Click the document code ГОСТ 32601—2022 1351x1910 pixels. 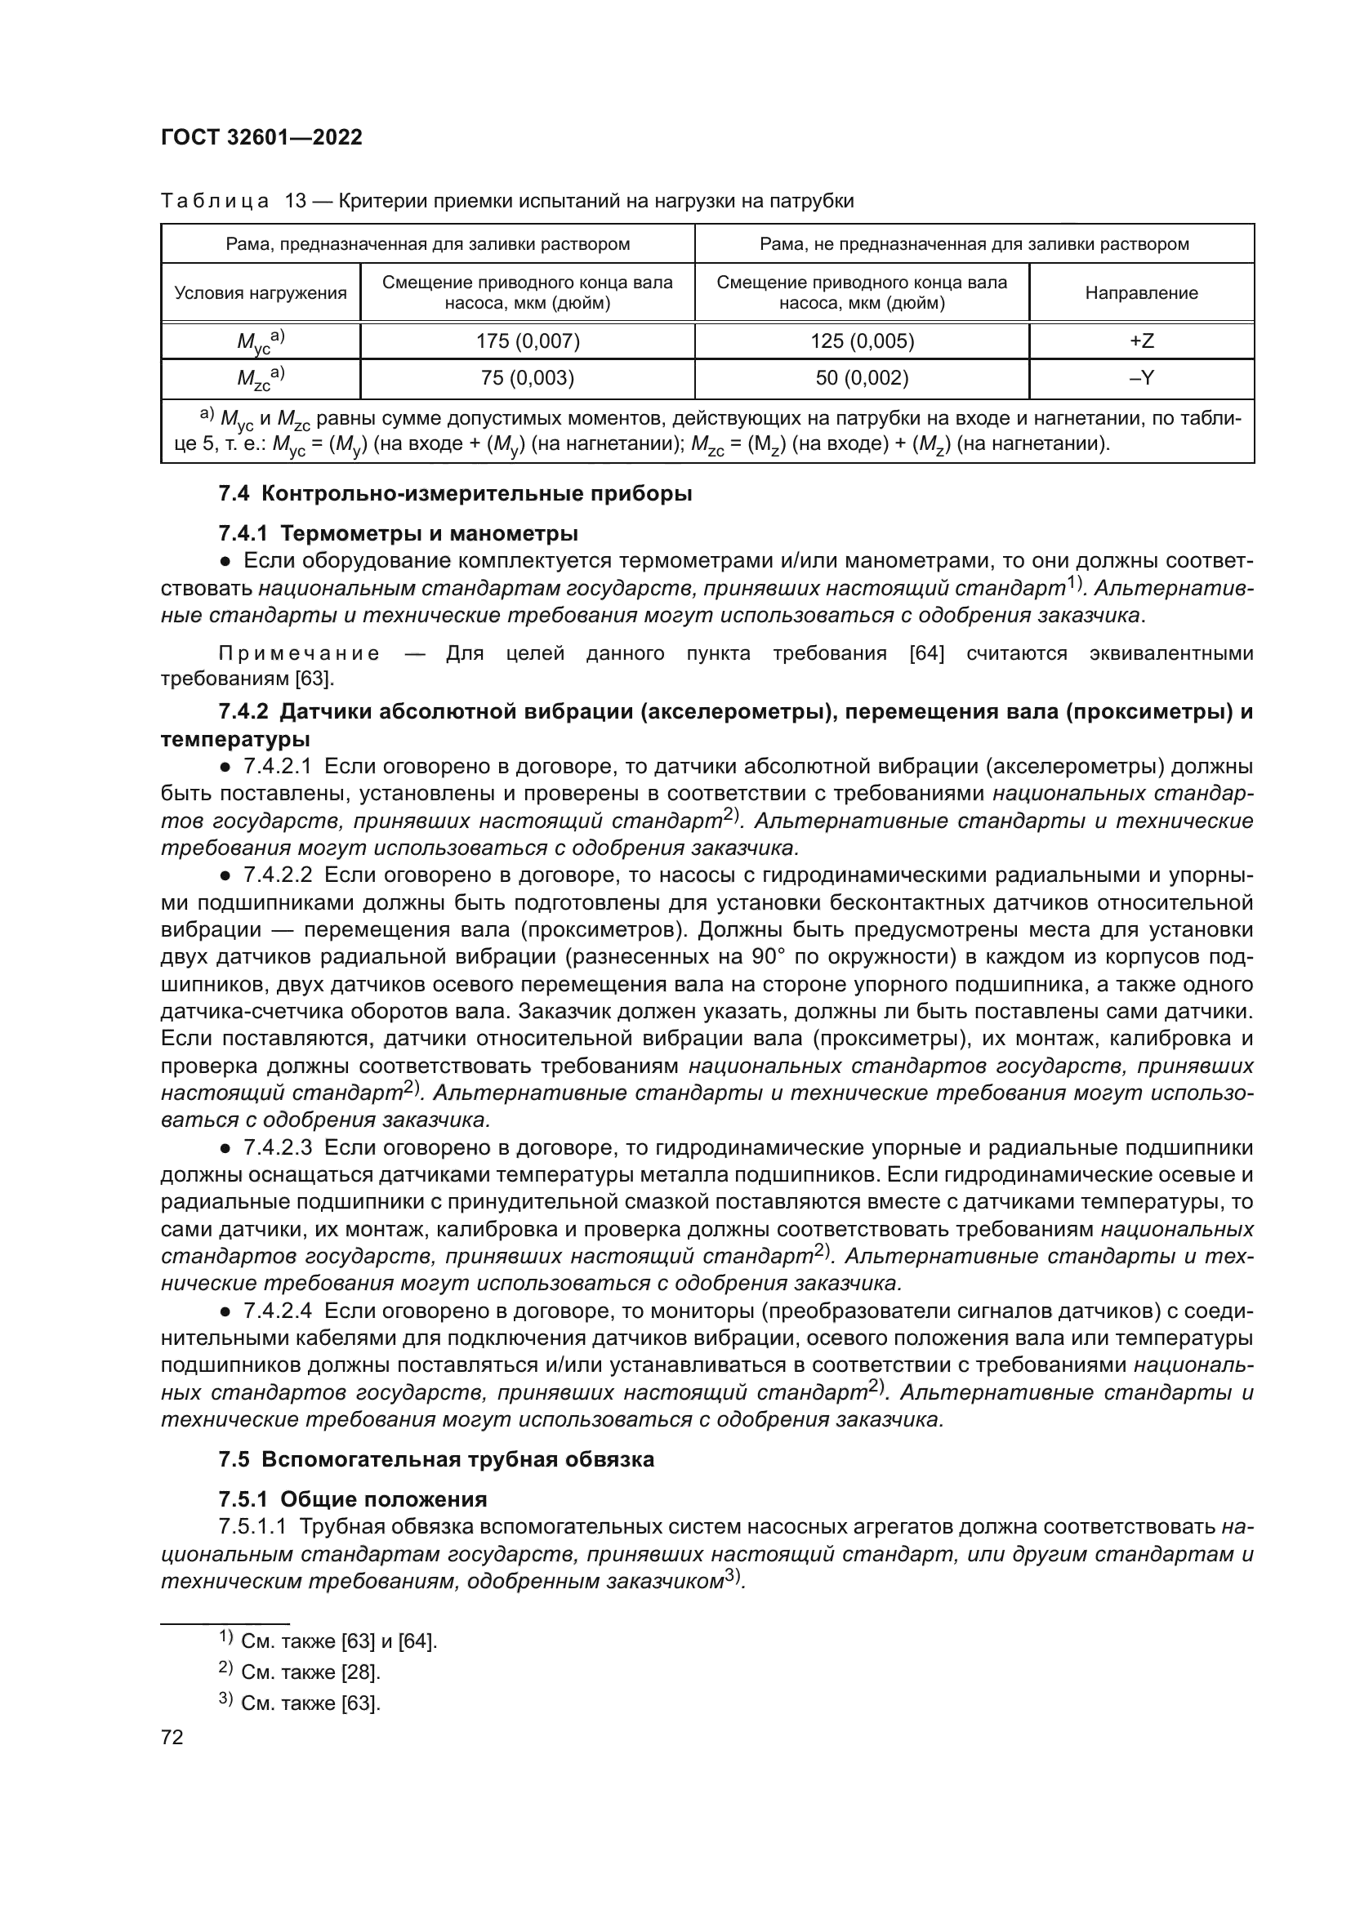[261, 137]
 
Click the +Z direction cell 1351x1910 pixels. [1141, 341]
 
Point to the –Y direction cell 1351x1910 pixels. [1141, 379]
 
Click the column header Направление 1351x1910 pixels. [1141, 293]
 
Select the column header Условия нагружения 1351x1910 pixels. [261, 293]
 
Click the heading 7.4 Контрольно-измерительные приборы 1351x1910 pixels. [455, 493]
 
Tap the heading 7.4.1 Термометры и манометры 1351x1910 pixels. [399, 532]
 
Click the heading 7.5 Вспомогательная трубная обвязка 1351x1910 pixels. [436, 1459]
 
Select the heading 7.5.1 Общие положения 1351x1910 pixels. [353, 1499]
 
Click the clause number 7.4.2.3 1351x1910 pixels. [277, 1148]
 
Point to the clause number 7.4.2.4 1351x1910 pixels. [277, 1311]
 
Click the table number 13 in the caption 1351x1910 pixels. [297, 202]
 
